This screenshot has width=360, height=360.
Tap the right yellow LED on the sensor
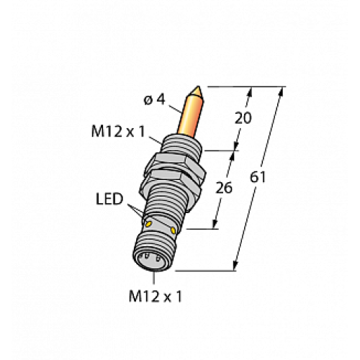[x=174, y=230]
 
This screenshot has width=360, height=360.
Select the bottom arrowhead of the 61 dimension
[x=237, y=268]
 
